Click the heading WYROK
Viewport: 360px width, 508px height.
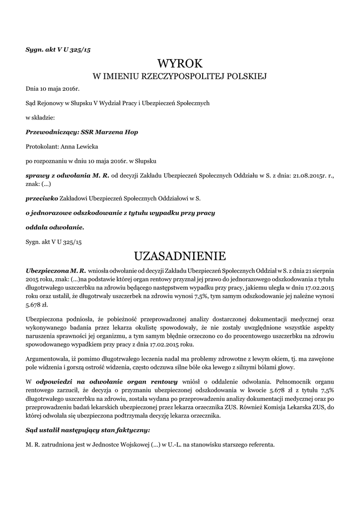pos(180,63)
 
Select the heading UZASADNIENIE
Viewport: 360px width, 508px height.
pos(180,256)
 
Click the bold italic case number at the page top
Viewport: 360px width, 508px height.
pos(58,50)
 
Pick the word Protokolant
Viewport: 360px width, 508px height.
pos(42,147)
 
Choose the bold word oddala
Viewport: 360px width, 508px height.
pos(38,227)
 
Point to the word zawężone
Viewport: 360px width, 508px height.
pos(319,358)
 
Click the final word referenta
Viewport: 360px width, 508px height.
pos(259,444)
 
